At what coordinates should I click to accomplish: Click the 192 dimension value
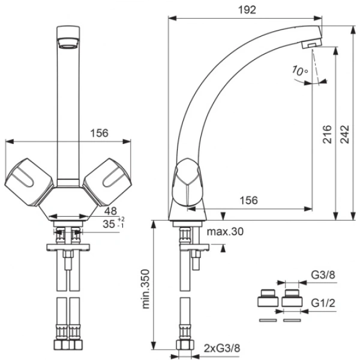[x=247, y=10]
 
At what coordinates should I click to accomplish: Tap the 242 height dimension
[x=344, y=134]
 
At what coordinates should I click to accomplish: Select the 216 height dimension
[x=327, y=134]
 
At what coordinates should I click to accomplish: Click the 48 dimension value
[x=110, y=211]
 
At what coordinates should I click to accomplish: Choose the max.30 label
[x=225, y=232]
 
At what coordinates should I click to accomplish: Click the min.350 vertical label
[x=145, y=289]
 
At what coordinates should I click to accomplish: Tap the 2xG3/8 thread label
[x=222, y=348]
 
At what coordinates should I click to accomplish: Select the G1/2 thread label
[x=323, y=303]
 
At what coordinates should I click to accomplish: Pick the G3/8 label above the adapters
[x=323, y=275]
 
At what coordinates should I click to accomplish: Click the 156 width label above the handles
[x=99, y=133]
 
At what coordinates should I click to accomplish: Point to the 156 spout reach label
[x=248, y=200]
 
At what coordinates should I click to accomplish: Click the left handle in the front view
[x=29, y=181]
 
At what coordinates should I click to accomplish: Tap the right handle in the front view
[x=107, y=181]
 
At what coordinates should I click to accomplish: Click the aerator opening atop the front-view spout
[x=68, y=43]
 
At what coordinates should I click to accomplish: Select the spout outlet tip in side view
[x=311, y=44]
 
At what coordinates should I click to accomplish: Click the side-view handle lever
[x=188, y=182]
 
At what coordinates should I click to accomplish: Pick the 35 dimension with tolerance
[x=113, y=223]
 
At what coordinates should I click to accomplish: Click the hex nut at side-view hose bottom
[x=185, y=345]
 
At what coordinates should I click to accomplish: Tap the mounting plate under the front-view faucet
[x=68, y=247]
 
